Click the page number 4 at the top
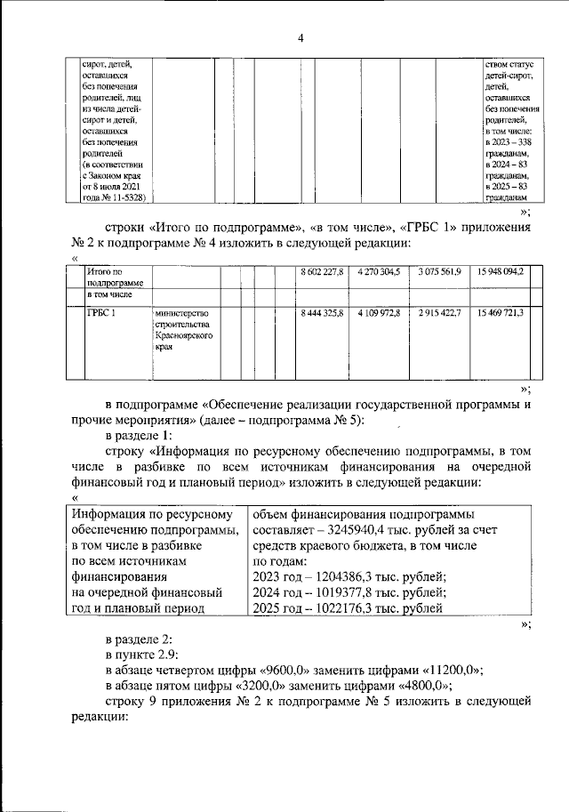pyautogui.click(x=301, y=38)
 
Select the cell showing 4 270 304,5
pyautogui.click(x=379, y=271)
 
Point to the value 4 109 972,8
pyautogui.click(x=379, y=313)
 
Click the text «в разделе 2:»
pyautogui.click(x=139, y=639)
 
